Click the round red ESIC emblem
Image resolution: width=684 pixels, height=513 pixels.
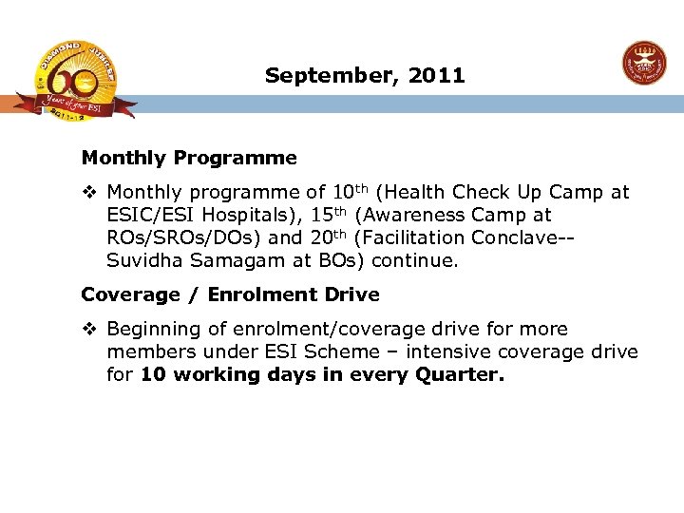click(x=644, y=65)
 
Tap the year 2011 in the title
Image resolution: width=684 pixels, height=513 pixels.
click(x=437, y=75)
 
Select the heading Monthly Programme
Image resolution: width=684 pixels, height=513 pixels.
click(x=189, y=158)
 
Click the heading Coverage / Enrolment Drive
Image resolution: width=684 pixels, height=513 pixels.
click(x=230, y=294)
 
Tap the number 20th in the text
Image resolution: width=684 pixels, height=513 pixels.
click(x=327, y=237)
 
